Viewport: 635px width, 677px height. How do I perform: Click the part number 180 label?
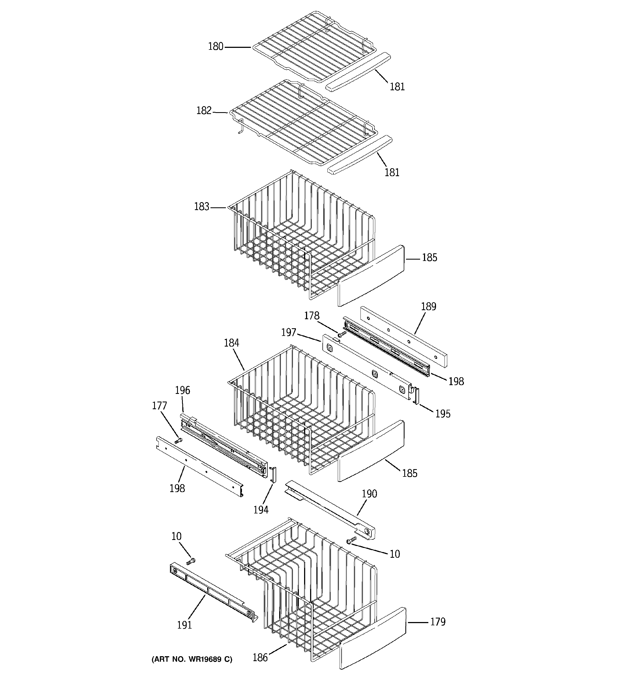pyautogui.click(x=215, y=47)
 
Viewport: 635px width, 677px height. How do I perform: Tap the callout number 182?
pyautogui.click(x=204, y=111)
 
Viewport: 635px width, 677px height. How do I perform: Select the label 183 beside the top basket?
pyautogui.click(x=201, y=207)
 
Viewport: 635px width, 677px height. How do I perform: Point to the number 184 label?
pyautogui.click(x=232, y=343)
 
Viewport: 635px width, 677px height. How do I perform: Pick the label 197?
pyautogui.click(x=288, y=332)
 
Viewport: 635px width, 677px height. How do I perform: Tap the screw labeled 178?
pyautogui.click(x=342, y=334)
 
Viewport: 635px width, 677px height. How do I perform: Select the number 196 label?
pyautogui.click(x=182, y=390)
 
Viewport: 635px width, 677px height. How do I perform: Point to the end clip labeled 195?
pyautogui.click(x=416, y=397)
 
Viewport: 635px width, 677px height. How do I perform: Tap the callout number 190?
pyautogui.click(x=369, y=494)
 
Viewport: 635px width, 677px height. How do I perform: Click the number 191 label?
pyautogui.click(x=184, y=625)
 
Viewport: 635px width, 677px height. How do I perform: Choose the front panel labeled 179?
pyautogui.click(x=373, y=638)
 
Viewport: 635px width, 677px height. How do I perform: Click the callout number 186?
pyautogui.click(x=260, y=658)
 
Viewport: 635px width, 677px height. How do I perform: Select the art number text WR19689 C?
pyautogui.click(x=192, y=659)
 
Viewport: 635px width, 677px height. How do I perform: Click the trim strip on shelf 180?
pyautogui.click(x=358, y=71)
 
